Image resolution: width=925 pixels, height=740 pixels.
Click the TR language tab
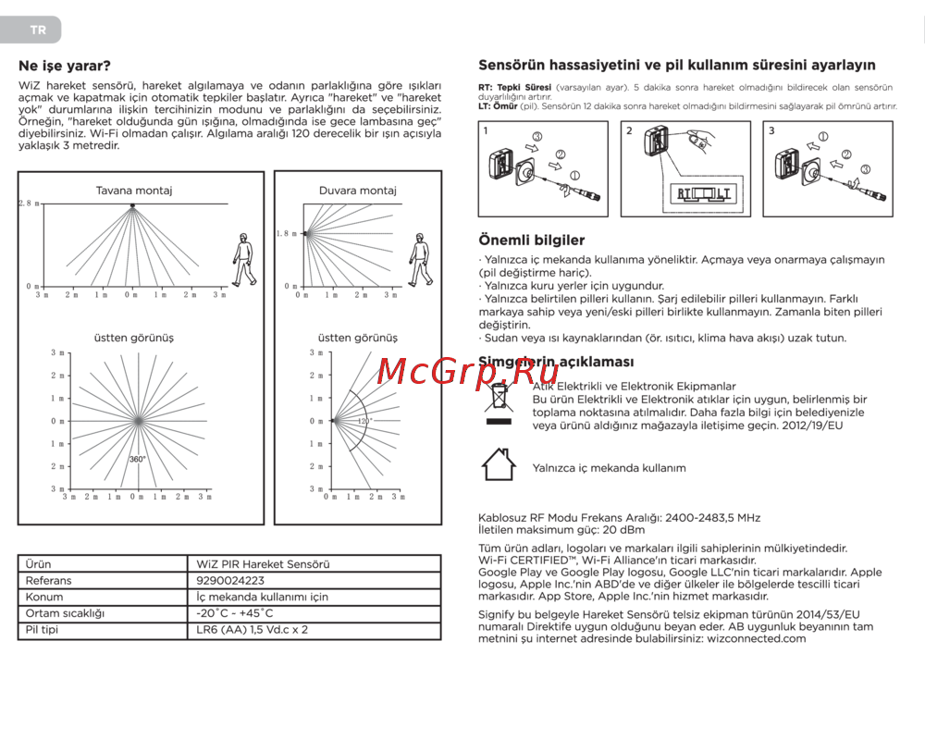coord(38,30)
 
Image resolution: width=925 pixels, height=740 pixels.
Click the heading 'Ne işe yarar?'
coord(65,66)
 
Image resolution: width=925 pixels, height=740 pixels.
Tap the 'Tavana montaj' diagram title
coord(134,191)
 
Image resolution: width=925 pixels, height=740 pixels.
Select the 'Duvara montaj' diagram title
coord(358,191)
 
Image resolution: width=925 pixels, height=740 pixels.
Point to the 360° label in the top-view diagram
coord(137,460)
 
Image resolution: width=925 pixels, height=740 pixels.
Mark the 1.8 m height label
coord(287,234)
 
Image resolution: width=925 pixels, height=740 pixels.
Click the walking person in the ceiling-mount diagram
coord(242,260)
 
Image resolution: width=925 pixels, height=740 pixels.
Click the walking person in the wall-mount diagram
coord(421,260)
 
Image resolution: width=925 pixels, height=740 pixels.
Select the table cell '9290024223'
coord(230,581)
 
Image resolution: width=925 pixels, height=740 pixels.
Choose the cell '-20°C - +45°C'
coord(235,613)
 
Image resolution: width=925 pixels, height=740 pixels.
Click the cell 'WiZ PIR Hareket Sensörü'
coord(263,564)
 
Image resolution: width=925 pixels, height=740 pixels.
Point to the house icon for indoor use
coord(499,464)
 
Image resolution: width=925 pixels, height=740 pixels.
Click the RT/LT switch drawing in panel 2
coord(703,193)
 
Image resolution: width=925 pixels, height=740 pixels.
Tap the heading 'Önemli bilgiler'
coord(531,240)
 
